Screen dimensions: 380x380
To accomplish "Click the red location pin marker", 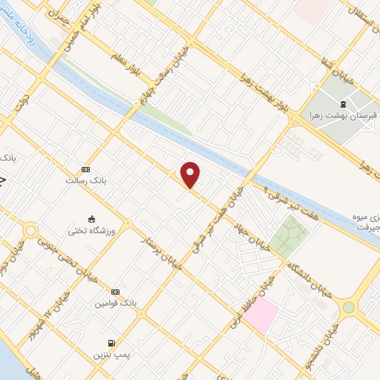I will [x=191, y=174].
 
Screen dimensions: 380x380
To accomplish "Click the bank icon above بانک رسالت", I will [x=85, y=169].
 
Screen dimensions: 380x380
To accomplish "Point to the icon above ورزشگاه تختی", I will [x=91, y=219].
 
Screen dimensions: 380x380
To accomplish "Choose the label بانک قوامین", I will [x=115, y=304].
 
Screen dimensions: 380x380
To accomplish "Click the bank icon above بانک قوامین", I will [x=114, y=292].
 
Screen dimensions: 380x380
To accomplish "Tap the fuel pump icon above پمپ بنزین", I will [x=111, y=343].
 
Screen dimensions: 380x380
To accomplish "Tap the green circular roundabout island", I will [x=348, y=307].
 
